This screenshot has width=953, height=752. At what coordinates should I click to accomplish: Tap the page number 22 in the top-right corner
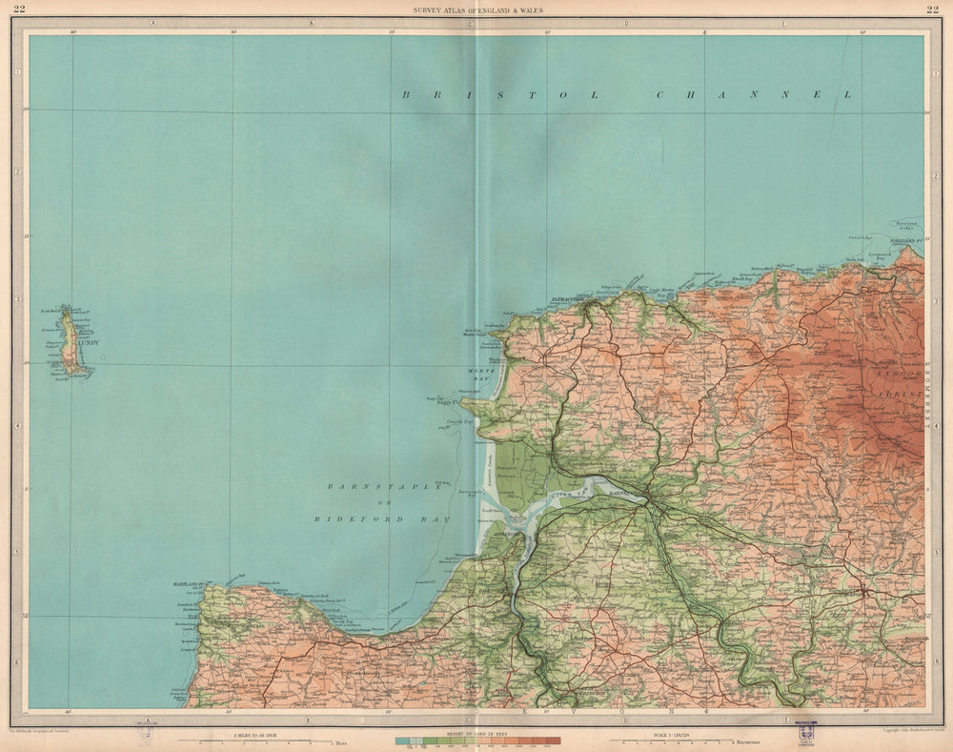tap(931, 10)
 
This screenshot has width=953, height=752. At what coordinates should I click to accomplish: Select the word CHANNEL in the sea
tap(754, 94)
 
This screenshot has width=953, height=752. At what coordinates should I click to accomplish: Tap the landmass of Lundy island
tap(70, 341)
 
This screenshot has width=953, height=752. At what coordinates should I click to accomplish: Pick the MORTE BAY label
tap(477, 374)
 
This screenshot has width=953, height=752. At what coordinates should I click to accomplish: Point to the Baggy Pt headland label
tap(448, 402)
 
